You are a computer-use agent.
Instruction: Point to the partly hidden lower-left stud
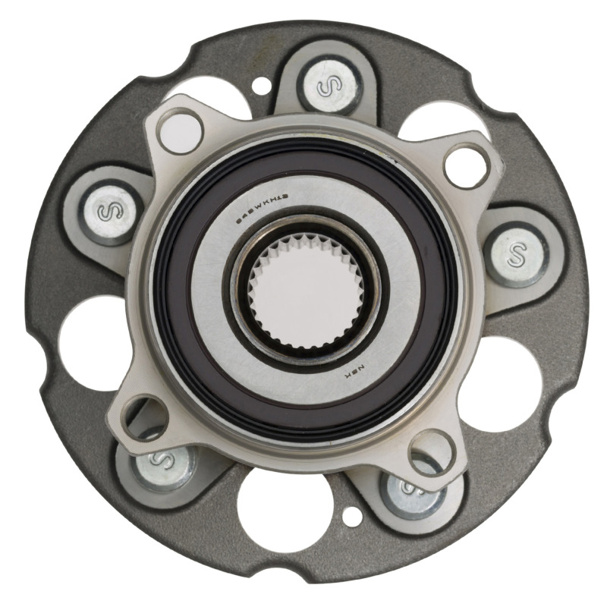(161, 461)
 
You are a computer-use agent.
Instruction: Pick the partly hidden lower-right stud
(414, 489)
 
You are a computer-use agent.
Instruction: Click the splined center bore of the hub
(308, 292)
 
